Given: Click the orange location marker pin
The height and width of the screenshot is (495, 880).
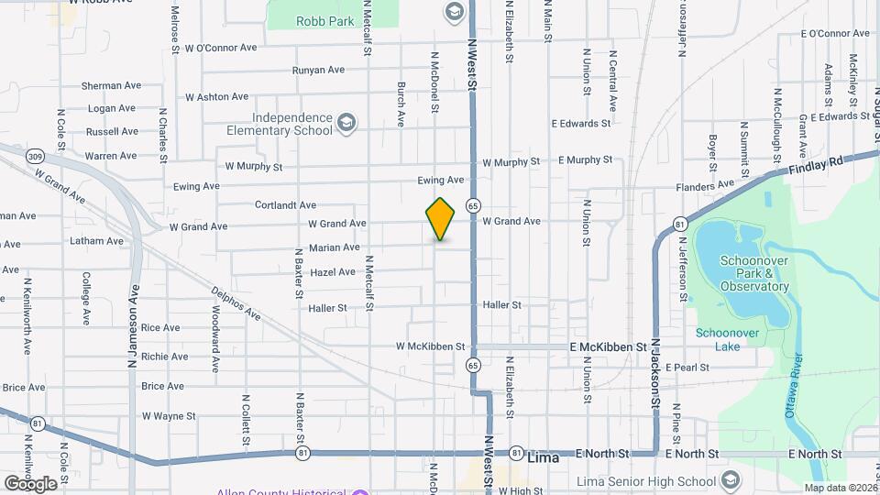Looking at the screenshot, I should [440, 218].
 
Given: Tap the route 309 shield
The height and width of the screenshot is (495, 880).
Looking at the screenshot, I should [35, 157].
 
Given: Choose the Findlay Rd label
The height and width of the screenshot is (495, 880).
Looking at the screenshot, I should [817, 166].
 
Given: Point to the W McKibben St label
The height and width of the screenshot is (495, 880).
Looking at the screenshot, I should [431, 346].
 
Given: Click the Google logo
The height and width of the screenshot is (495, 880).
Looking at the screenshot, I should [30, 483].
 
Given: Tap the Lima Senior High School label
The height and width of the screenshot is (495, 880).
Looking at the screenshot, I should [647, 481].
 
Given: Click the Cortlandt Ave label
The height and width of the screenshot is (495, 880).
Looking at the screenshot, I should [285, 205].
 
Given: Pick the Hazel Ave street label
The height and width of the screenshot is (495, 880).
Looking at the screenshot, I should [333, 272].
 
